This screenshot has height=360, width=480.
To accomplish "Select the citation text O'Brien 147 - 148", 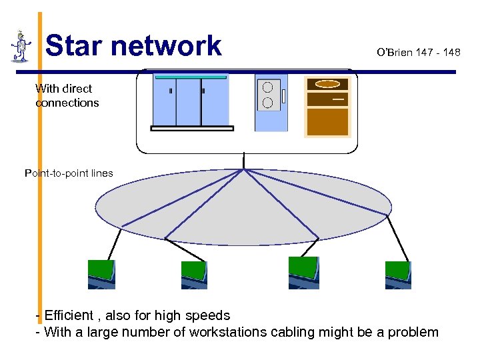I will click(418, 52).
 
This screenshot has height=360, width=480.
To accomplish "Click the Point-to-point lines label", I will click(69, 173).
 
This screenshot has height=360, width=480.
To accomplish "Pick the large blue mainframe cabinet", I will click(191, 102).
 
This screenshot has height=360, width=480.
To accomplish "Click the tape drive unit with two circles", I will click(271, 102).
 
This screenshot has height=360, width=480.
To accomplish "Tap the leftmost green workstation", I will click(101, 274).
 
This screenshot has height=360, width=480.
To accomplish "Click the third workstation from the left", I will click(303, 273).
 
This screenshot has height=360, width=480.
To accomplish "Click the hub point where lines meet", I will click(245, 169).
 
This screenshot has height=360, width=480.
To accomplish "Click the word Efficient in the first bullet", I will click(70, 315).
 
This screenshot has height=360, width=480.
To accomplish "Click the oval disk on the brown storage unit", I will click(327, 85).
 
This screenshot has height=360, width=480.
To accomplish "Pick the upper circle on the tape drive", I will click(267, 87).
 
